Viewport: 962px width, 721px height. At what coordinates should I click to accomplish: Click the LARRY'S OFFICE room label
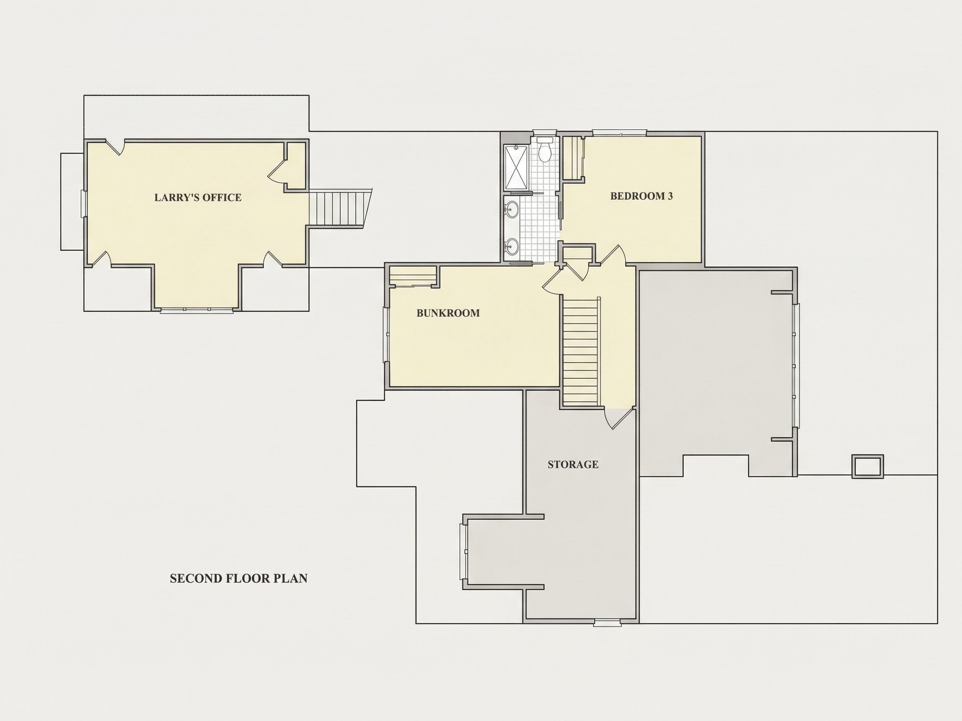[x=198, y=197]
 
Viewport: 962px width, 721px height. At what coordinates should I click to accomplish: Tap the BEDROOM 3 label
[x=641, y=196]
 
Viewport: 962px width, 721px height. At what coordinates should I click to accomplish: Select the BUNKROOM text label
[x=448, y=313]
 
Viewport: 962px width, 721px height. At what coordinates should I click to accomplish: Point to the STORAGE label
[x=573, y=464]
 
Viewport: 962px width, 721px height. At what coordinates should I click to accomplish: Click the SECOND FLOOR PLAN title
[x=239, y=578]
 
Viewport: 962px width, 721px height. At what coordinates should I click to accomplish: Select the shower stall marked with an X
[x=516, y=167]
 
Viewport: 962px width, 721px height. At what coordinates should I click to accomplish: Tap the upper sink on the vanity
[x=512, y=209]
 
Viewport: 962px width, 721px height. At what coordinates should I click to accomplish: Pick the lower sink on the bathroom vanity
[x=512, y=247]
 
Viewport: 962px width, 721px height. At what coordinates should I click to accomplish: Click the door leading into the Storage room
[x=619, y=418]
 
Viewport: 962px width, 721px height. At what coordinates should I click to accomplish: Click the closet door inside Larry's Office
[x=276, y=172]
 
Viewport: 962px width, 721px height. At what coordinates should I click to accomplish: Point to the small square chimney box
[x=867, y=466]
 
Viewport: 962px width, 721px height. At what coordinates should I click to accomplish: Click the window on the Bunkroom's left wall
[x=386, y=334]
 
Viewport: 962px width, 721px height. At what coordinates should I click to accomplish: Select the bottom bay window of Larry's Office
[x=196, y=310]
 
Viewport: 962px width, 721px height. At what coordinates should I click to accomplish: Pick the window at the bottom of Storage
[x=608, y=623]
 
